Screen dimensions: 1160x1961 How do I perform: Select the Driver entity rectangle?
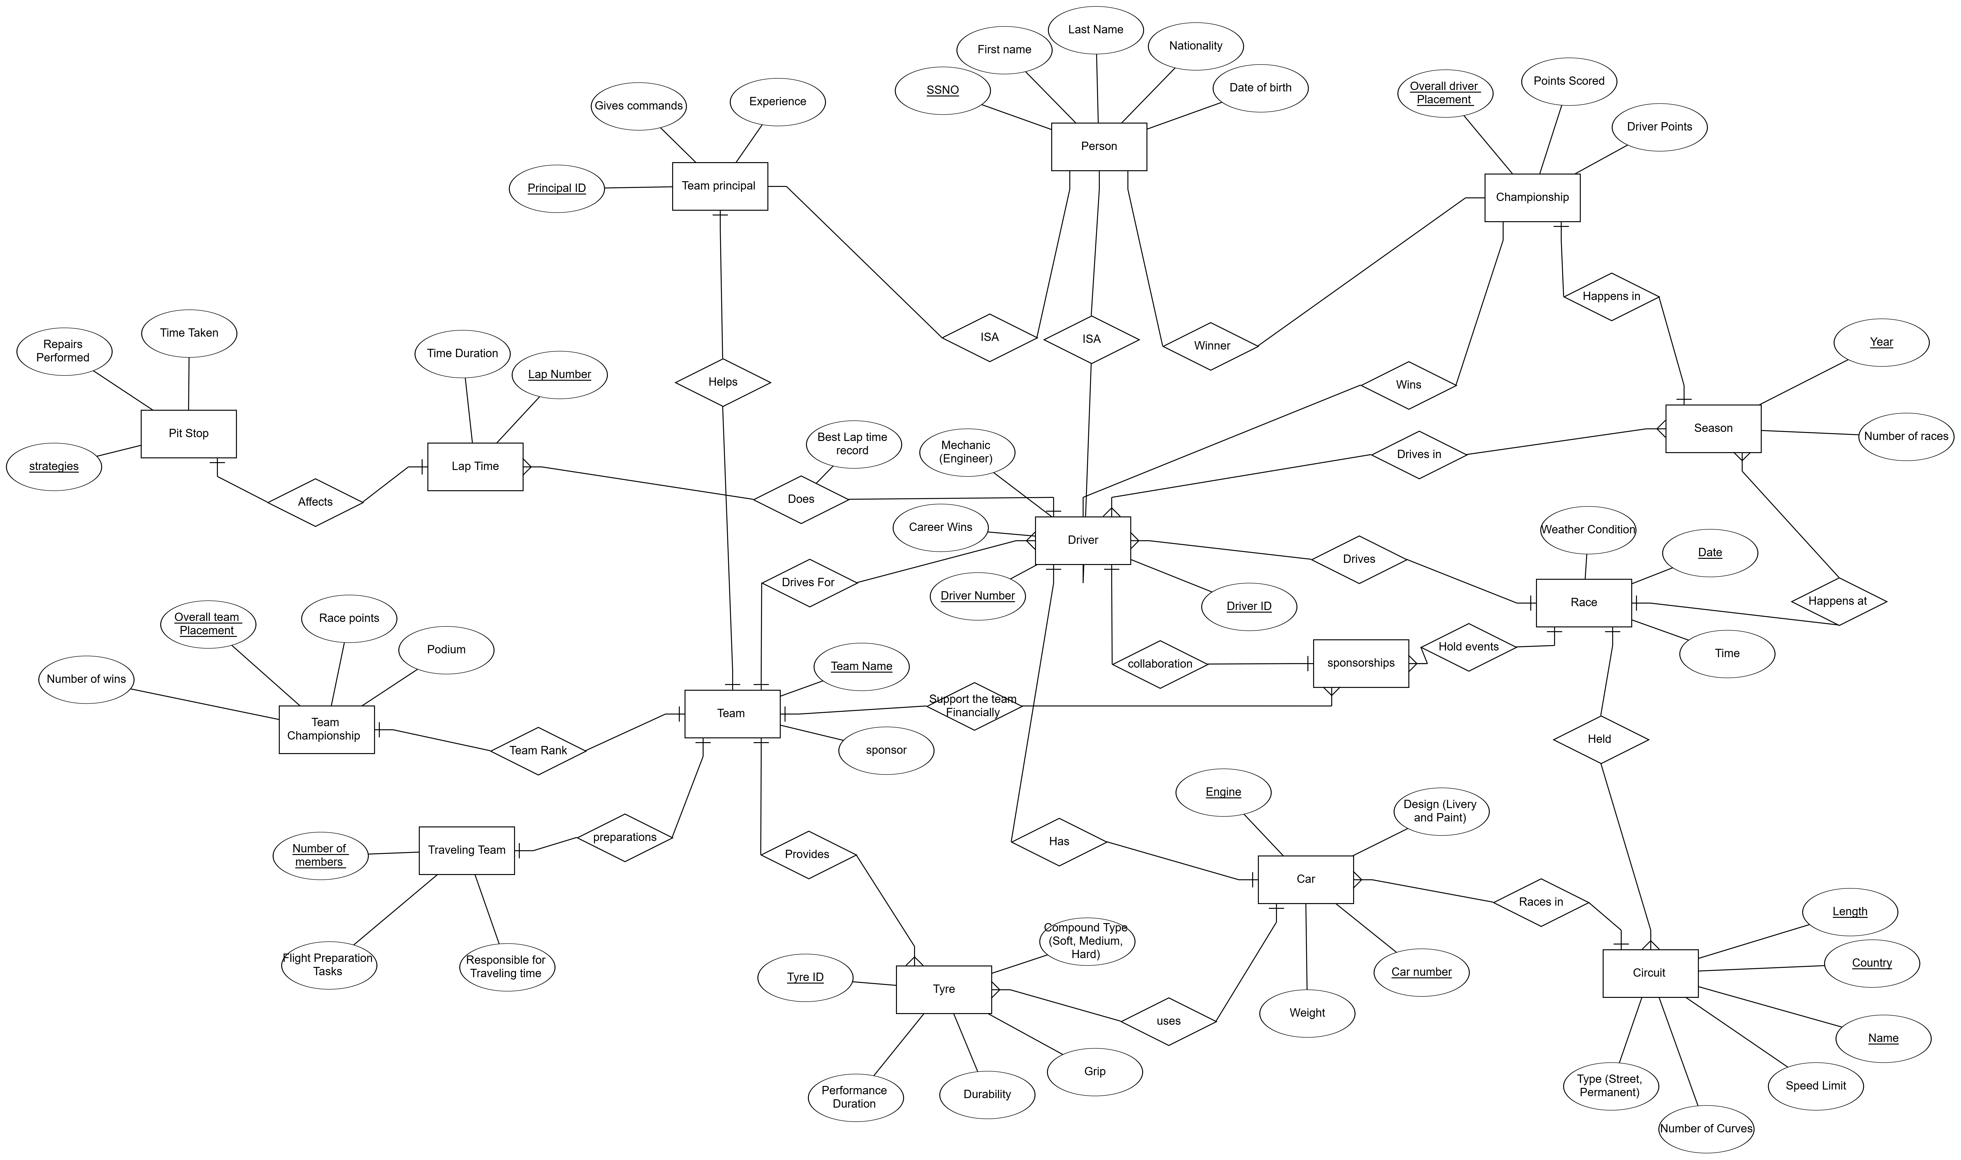pos(1082,540)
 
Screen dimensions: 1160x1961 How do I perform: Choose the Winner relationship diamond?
pos(1211,345)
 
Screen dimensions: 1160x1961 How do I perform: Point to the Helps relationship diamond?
pos(722,382)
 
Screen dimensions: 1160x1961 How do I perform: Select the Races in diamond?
pos(1541,902)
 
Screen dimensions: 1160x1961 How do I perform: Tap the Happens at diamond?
pos(1838,601)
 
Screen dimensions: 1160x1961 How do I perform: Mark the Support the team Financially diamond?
pos(973,706)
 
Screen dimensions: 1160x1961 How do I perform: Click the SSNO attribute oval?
pos(943,90)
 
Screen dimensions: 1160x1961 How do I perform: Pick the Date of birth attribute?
pos(1260,88)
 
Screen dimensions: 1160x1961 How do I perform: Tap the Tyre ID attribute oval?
pos(805,977)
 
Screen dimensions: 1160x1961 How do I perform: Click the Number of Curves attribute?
pos(1706,1129)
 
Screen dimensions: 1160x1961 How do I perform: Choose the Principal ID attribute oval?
pos(556,188)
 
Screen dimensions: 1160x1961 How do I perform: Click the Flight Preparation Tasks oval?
pos(328,965)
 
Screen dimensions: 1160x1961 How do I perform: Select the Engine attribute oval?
pos(1223,792)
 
